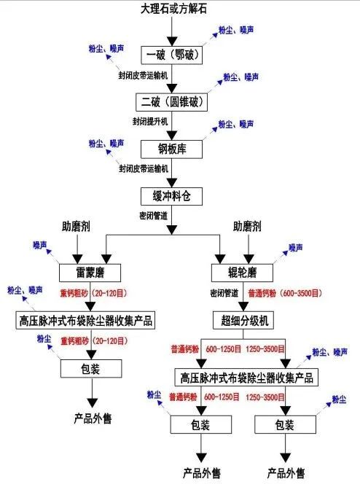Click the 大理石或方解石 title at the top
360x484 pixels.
pos(173,9)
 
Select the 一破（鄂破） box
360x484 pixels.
pos(172,55)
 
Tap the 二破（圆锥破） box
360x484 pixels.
pos(172,102)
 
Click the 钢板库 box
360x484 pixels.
pos(172,149)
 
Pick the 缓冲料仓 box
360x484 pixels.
pos(172,196)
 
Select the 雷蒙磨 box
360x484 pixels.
pos(90,273)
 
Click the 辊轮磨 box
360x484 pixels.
pos(242,273)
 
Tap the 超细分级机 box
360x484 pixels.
pos(243,321)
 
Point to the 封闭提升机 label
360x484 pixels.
pos(150,122)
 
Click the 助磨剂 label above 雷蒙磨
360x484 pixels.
pos(76,227)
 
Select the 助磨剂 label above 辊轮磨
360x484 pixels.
pos(247,227)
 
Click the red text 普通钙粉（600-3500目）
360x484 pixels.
pos(285,293)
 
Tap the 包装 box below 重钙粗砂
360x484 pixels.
pos(91,369)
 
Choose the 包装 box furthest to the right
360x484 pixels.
pos(286,424)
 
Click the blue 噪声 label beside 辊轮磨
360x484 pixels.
pos(296,248)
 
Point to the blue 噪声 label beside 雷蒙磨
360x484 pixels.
pos(40,245)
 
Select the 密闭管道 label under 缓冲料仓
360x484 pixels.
pos(153,216)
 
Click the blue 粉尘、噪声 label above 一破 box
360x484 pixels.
pos(236,30)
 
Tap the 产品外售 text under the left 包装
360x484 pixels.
pos(93,418)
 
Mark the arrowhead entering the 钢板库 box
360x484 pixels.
pos(172,136)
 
